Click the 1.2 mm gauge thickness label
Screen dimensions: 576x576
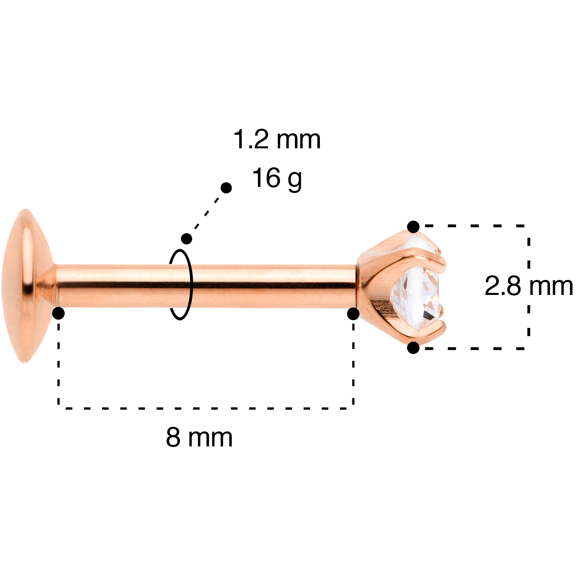[277, 139]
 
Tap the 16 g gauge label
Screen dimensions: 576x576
[277, 178]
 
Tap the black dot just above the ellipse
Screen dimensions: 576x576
[187, 238]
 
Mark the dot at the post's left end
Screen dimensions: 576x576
[58, 313]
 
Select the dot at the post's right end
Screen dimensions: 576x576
[353, 313]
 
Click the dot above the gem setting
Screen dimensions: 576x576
[413, 227]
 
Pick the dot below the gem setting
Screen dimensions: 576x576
[413, 348]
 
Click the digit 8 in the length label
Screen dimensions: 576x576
[173, 438]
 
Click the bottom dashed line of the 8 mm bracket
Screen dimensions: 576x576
[206, 408]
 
